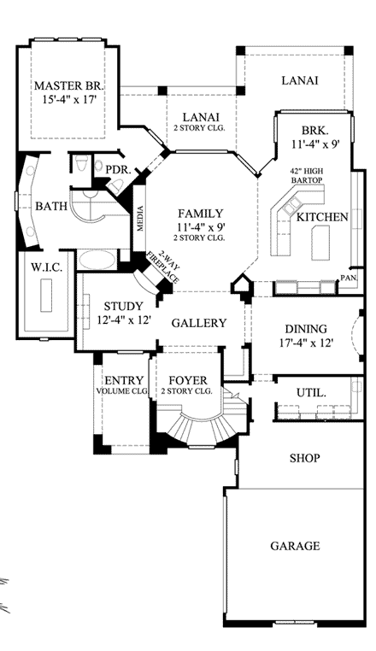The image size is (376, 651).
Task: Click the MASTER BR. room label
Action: tap(69, 86)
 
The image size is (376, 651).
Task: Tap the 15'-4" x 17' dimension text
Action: tap(69, 100)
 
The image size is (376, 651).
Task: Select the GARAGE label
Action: tap(295, 546)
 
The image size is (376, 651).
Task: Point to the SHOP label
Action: tap(304, 459)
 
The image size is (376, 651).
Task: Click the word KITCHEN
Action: tap(322, 217)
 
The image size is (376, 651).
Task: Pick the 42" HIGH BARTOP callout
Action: tap(307, 176)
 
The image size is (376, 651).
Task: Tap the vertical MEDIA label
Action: tap(140, 219)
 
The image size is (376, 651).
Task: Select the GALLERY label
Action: tap(199, 323)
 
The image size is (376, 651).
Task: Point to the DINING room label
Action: tap(305, 329)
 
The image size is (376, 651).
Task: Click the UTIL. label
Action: tap(311, 392)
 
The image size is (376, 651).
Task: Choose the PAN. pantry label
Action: tap(348, 279)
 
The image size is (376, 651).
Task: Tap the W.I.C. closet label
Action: tap(46, 267)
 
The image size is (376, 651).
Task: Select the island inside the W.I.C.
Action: tap(46, 296)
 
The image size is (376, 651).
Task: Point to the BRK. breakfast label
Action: tap(315, 131)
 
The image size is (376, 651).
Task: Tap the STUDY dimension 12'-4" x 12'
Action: tap(123, 320)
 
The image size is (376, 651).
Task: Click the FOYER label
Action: tap(188, 381)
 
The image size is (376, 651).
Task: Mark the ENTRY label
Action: tap(124, 381)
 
